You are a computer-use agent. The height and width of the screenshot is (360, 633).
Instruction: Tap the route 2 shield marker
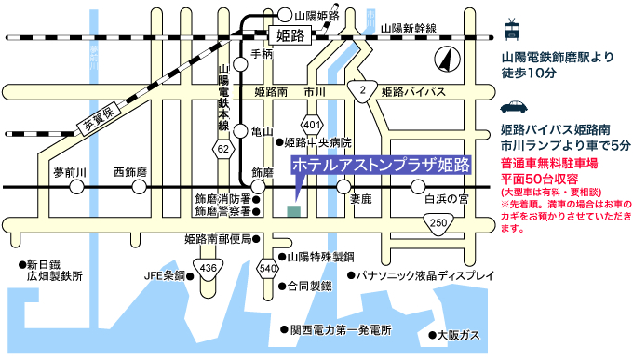(x=361, y=89)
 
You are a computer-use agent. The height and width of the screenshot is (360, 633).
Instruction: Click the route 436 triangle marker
(x=209, y=270)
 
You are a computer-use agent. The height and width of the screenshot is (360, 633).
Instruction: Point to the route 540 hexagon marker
(x=268, y=270)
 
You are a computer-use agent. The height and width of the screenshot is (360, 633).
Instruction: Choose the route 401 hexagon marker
(x=312, y=125)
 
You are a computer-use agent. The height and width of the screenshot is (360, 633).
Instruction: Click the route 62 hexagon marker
(x=223, y=148)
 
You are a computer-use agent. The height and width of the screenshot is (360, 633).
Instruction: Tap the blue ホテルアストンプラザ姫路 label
(x=380, y=165)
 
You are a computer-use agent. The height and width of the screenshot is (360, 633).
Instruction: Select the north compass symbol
(x=447, y=62)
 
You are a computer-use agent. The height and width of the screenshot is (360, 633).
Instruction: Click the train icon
(x=512, y=29)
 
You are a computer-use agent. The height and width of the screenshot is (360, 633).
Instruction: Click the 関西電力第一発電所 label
(x=340, y=330)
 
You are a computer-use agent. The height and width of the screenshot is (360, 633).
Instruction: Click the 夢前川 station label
(x=69, y=173)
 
